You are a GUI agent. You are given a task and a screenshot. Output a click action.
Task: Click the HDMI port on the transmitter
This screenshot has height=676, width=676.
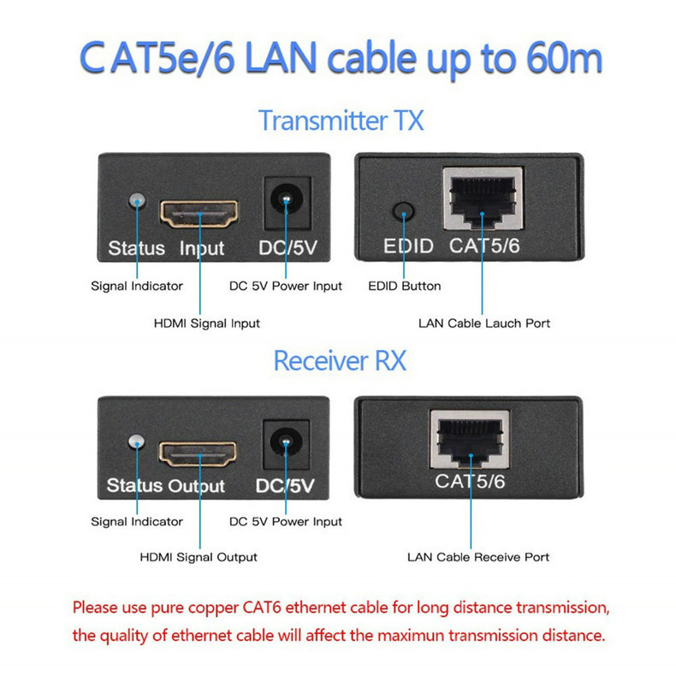pos(199,214)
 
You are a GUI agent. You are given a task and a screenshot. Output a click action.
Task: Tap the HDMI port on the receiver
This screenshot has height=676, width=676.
pos(198,454)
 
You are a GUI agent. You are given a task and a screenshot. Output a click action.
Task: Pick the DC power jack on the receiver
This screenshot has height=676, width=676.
pos(286,444)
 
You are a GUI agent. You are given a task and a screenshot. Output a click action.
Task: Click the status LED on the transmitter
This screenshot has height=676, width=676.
pos(137,201)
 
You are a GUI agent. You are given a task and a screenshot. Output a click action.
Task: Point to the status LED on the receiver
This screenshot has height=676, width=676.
pos(137,442)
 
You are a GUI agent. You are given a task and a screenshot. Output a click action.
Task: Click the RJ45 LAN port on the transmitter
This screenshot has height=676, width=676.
pos(483,199)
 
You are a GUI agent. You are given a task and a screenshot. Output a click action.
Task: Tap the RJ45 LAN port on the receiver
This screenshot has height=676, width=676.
pos(470,439)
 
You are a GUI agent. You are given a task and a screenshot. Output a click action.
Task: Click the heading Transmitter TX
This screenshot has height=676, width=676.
pos(341,121)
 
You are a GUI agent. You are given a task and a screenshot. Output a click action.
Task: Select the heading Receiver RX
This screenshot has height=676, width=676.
pos(341,360)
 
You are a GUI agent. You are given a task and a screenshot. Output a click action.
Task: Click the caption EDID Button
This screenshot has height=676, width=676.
pos(405,286)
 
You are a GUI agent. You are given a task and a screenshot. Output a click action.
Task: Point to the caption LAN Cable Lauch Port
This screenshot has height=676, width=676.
pos(484,323)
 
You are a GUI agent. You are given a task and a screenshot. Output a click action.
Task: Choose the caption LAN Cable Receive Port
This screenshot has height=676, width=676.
pos(478,557)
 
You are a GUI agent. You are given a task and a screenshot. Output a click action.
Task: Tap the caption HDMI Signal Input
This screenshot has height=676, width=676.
pos(207,323)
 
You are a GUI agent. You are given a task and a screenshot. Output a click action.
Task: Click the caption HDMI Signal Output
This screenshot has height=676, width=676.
pos(199,557)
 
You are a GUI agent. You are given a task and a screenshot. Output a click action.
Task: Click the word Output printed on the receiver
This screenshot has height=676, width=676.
pos(196,486)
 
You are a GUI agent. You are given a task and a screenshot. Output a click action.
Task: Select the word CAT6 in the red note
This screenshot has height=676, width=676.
pos(262,608)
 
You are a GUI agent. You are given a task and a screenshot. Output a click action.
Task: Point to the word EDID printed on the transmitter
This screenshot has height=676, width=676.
pos(408,246)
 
